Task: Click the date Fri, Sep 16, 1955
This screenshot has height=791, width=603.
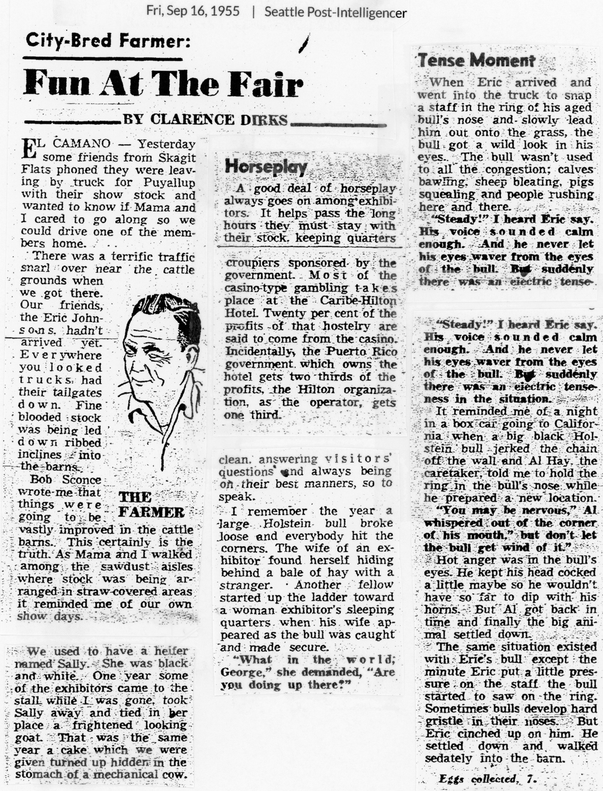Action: [193, 11]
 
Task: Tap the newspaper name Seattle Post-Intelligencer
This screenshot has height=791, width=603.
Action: [335, 12]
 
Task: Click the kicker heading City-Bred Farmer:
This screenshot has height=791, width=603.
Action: [108, 41]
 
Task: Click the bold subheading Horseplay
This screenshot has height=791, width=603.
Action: [266, 167]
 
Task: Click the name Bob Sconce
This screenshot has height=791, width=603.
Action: [65, 479]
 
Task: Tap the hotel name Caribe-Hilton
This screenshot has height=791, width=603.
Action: [358, 300]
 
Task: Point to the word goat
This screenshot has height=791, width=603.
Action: [26, 737]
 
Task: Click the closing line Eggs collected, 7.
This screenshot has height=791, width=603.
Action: [488, 779]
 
